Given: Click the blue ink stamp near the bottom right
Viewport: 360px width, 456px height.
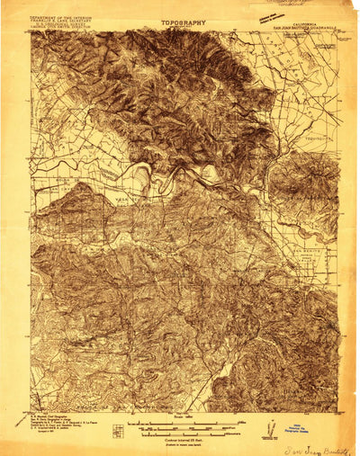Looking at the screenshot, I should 301,427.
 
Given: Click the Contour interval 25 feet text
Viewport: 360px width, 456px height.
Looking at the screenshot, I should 181,432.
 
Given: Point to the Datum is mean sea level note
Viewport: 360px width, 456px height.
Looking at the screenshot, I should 181,436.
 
